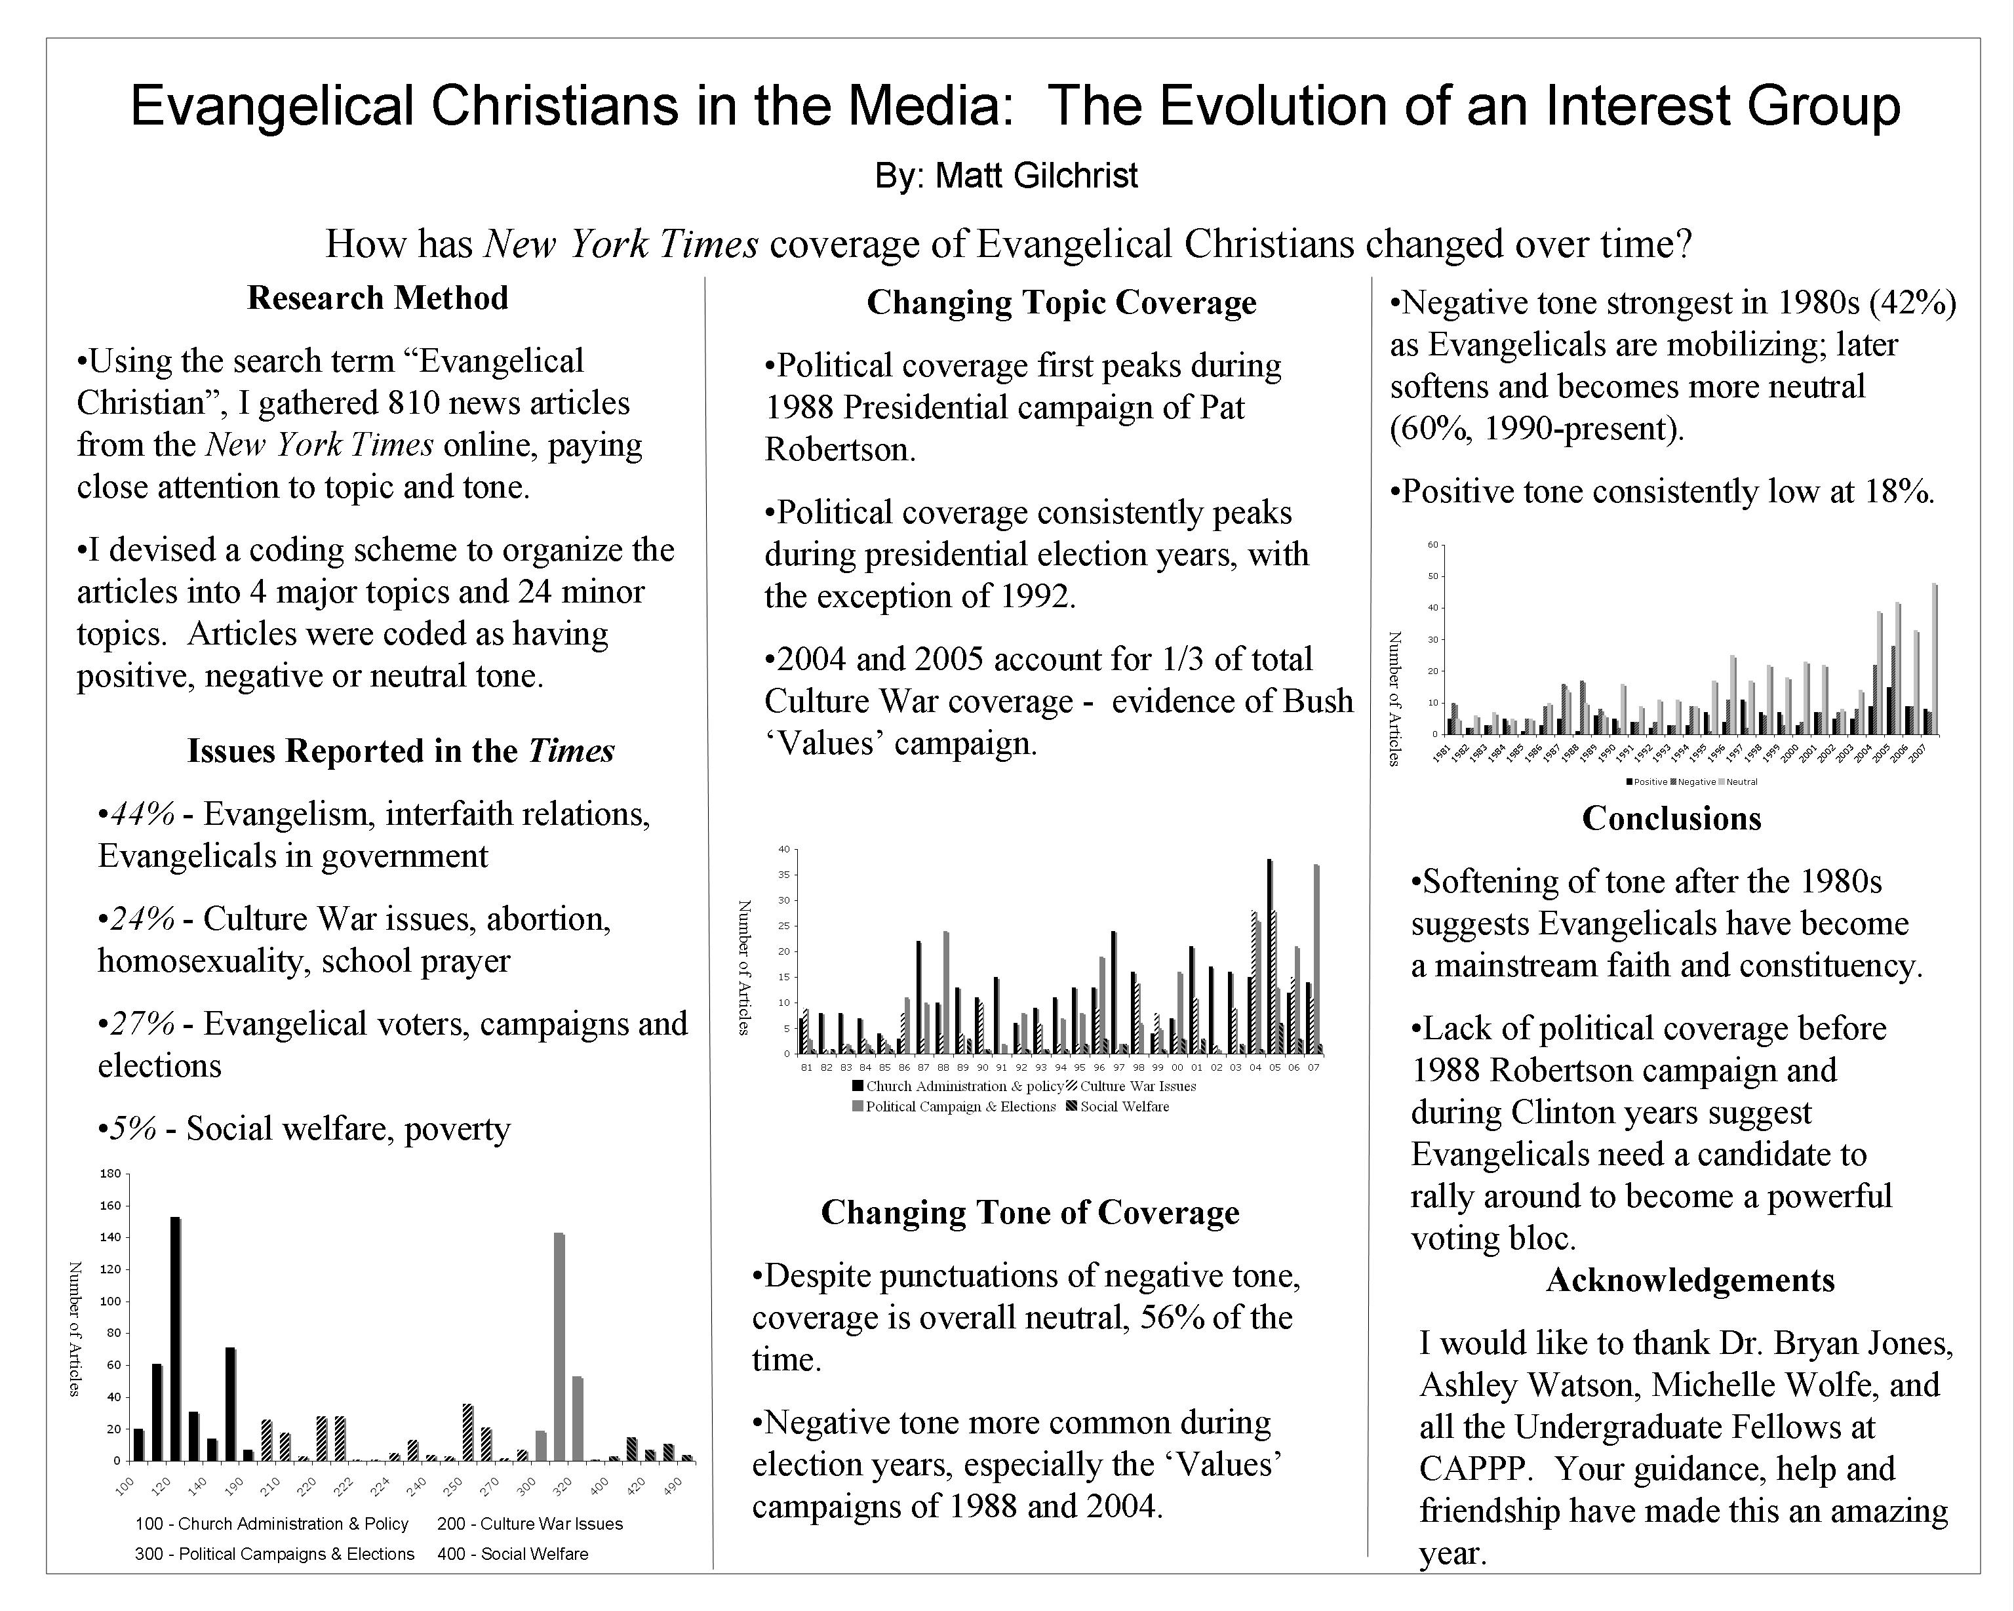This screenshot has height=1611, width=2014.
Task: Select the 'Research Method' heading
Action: click(x=378, y=298)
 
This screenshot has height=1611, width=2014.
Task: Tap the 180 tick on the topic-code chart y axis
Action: click(x=110, y=1174)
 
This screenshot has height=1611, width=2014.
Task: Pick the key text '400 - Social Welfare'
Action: click(x=513, y=1554)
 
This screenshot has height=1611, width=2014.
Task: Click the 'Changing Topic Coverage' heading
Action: click(x=1061, y=303)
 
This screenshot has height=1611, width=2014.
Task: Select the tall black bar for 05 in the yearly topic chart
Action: click(x=1269, y=956)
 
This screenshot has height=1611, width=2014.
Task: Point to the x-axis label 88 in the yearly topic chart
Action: click(x=943, y=1067)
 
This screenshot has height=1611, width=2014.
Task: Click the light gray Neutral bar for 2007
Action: click(x=1935, y=660)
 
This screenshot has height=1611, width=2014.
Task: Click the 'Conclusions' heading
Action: click(x=1671, y=818)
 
